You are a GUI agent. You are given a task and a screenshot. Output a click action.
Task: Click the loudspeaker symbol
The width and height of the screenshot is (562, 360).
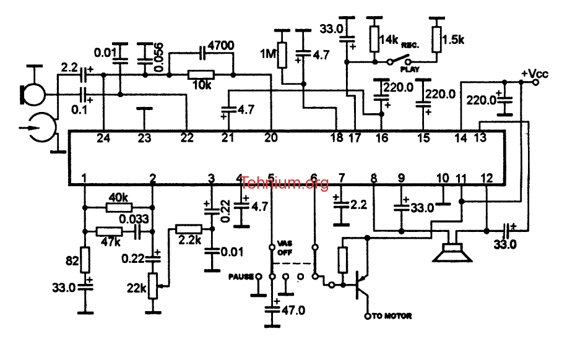coord(452,252)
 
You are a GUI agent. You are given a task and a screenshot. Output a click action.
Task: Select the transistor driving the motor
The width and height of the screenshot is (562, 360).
coord(361,285)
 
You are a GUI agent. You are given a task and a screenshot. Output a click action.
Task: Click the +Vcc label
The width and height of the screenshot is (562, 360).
coord(534,74)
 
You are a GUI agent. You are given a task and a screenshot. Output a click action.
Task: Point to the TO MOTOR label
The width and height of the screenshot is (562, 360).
coord(392,316)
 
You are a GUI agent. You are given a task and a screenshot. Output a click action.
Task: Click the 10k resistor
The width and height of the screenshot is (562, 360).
coord(201,75)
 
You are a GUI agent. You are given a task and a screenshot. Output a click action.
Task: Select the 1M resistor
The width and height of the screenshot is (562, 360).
coord(282,55)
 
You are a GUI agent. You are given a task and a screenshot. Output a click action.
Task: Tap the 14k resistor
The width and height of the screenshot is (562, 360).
coord(374,39)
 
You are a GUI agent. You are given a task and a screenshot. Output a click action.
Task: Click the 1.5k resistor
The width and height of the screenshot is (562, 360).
coord(436,40)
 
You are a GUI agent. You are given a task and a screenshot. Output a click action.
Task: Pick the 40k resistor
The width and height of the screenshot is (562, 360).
coord(119,207)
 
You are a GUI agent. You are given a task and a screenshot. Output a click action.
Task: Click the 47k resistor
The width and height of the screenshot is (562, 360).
coord(110,232)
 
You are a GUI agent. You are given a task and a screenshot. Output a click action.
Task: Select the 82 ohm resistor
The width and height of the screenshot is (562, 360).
coord(85,260)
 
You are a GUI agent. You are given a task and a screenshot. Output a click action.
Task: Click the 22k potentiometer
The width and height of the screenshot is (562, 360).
coord(153,286)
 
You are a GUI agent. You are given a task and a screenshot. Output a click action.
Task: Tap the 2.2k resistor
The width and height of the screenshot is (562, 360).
coord(189,229)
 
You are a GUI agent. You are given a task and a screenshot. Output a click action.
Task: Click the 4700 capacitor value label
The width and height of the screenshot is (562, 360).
coord(221,46)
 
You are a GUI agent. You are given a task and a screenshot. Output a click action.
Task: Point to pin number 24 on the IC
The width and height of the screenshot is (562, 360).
coord(103,138)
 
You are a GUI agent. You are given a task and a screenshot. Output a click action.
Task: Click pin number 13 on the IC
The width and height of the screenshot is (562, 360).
coord(480,137)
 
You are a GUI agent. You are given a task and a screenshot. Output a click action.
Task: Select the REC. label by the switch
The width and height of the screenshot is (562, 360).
coord(410,46)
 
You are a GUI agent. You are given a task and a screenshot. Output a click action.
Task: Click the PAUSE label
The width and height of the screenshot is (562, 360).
coord(241,276)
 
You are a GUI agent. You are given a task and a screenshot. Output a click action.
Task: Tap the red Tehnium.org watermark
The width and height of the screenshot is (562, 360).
coord(285,183)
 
